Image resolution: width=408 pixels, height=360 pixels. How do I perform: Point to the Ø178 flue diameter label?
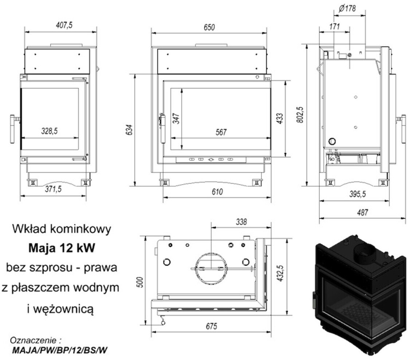pos(346,8)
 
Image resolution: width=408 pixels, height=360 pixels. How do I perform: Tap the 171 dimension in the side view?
pos(334,27)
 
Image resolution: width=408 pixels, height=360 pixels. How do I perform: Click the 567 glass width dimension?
pos(221,133)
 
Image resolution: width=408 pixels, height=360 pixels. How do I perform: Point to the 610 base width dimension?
pos(217,192)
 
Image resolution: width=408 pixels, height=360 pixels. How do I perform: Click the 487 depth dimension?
pos(363,212)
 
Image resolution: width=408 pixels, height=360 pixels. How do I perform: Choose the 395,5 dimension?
pos(358,195)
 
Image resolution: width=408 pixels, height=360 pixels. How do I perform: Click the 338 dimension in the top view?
pos(241,222)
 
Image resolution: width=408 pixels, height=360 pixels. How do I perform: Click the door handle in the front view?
pos(163,121)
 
